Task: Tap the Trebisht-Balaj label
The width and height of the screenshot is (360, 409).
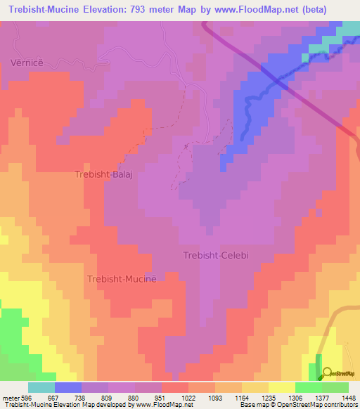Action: click(103, 174)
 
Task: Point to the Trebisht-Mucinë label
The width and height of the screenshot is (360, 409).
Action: click(117, 279)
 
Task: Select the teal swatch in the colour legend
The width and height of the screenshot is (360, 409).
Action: click(41, 387)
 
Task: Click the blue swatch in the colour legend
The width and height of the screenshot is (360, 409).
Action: click(67, 387)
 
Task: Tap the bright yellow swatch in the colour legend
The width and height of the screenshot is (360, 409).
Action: click(281, 387)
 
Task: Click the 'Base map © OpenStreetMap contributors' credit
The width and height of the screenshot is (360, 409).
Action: click(298, 405)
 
